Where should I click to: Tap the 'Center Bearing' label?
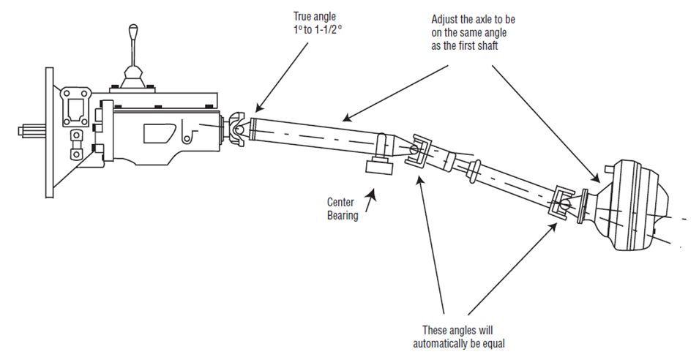point(342,206)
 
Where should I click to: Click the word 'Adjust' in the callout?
point(446,20)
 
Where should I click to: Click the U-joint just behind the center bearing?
point(419,150)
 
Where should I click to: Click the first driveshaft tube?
point(315,132)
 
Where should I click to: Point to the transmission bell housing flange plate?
point(49,132)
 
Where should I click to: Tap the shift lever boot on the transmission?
point(132,76)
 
